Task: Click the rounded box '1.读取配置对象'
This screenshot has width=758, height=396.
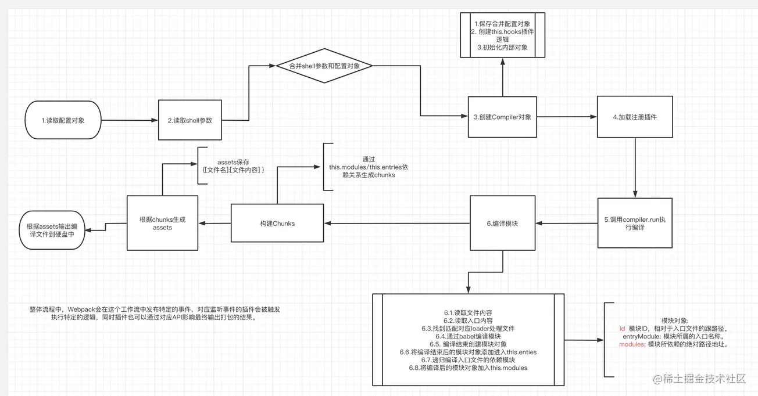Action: [63, 120]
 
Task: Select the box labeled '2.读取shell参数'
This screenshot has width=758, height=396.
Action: [190, 120]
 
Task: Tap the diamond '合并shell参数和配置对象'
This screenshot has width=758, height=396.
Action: [324, 66]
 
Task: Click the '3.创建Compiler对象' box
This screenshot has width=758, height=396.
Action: [502, 117]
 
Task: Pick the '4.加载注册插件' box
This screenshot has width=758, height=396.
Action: [635, 117]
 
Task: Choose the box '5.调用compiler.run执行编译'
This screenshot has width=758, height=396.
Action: [635, 224]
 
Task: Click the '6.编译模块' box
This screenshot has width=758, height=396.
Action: [502, 223]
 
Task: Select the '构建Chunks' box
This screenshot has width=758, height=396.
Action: [277, 223]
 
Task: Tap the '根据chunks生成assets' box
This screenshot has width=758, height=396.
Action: [162, 223]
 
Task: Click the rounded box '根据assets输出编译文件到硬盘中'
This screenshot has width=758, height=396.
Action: [51, 230]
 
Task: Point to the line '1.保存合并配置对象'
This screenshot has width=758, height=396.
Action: [502, 24]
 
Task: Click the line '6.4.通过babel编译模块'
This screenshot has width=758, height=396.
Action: [468, 336]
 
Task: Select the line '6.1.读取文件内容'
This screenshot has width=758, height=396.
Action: [468, 312]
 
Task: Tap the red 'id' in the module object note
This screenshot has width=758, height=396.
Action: [623, 329]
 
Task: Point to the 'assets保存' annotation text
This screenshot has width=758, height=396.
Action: [233, 162]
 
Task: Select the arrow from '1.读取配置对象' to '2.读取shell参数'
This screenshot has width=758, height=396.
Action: [129, 120]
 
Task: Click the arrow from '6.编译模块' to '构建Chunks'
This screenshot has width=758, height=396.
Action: [397, 223]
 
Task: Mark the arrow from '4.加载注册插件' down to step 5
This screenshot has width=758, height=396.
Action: [635, 168]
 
